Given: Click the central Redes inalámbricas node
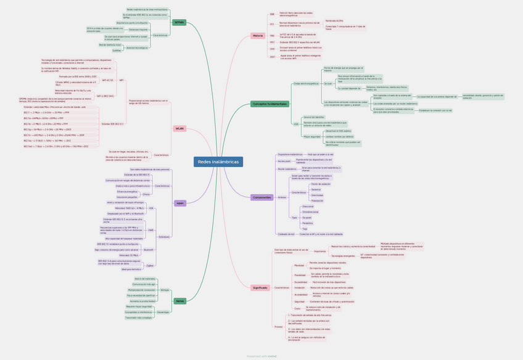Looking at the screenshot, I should point(218,162).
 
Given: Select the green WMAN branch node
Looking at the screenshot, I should point(179,22).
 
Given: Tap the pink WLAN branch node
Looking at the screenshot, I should point(179,129).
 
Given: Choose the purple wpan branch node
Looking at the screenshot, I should point(180,203).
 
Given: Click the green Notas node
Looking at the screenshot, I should point(180,301).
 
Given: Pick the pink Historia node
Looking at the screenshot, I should point(258,36).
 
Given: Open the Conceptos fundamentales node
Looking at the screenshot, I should point(270,104).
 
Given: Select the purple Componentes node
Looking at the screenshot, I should point(262,197).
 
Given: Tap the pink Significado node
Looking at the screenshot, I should point(260,288).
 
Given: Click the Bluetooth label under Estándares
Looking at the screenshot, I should point(149,250).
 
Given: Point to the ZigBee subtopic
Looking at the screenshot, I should point(150,265).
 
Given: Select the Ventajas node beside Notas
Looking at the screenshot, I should point(165,290).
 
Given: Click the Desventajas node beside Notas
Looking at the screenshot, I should point(163,312).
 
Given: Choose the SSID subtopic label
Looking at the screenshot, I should point(296,124).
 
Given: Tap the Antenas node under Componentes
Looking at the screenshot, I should point(282,197).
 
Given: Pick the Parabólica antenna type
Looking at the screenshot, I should point(308,223).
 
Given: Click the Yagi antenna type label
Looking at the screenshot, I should point(305,229).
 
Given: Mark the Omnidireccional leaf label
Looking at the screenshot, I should point(310,212).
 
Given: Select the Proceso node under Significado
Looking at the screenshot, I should point(279,327).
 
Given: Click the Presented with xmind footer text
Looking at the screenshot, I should point(261,356).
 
